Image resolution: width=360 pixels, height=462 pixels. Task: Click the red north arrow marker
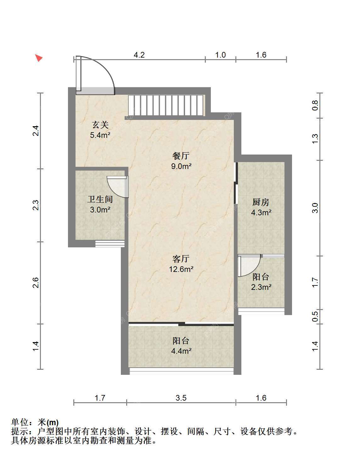tap(39, 58)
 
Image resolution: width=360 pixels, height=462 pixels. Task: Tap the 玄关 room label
tap(100, 125)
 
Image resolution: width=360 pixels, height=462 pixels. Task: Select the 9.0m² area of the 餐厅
tap(181, 166)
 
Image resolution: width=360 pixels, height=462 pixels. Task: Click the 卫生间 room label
tap(100, 200)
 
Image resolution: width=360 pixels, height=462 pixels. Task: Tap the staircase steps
tap(166, 105)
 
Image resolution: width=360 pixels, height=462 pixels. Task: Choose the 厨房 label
tap(261, 202)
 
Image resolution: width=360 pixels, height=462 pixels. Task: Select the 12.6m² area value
tap(181, 269)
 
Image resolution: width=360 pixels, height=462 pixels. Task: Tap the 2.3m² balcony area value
tap(261, 287)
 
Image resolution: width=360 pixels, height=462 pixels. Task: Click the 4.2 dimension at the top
tap(139, 55)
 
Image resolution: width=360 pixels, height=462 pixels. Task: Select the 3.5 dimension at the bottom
tap(181, 398)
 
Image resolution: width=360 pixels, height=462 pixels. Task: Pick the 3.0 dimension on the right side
tap(315, 208)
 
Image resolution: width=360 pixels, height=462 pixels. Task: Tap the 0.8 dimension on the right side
tap(315, 105)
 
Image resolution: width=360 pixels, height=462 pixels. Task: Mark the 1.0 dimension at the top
tap(220, 55)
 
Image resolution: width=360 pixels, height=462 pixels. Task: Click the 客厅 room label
tap(181, 259)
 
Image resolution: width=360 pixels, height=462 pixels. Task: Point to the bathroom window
tap(110, 244)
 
